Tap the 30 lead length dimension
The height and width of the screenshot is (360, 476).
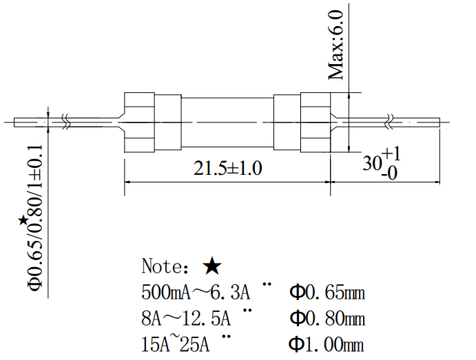(x=373, y=164)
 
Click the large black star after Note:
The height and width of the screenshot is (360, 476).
(x=212, y=266)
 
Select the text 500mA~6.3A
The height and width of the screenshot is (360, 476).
(x=196, y=293)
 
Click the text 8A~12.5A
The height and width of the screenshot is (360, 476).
(x=186, y=319)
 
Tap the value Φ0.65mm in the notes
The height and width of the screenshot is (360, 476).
(x=327, y=293)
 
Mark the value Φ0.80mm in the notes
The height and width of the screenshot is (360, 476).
(x=327, y=319)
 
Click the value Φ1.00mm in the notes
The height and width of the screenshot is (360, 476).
(x=327, y=344)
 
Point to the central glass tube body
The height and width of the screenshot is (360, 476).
(x=227, y=123)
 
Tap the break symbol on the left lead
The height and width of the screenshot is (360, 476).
(x=65, y=122)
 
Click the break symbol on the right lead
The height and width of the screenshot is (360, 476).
(x=391, y=122)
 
